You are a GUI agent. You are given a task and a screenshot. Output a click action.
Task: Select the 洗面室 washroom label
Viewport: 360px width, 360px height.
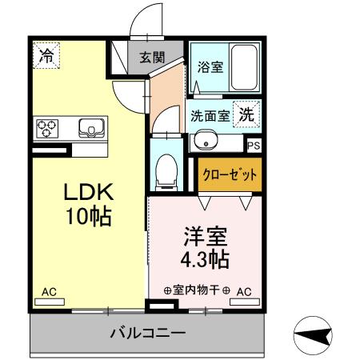point(210,115)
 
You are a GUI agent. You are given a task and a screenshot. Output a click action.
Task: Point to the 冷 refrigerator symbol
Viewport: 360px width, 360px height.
point(47,56)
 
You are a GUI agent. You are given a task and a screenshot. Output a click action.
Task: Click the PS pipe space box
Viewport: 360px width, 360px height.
point(254,146)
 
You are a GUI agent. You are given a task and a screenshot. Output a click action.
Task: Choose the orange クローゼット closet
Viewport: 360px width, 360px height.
point(229,174)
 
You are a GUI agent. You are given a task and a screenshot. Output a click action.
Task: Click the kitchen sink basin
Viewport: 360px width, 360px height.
point(89,127)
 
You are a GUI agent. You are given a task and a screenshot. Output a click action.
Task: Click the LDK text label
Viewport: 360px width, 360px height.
point(88,193)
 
